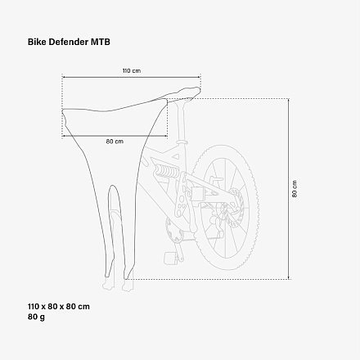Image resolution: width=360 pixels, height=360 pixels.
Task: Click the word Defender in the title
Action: (x=69, y=42)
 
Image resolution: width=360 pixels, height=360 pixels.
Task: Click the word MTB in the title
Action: (x=101, y=42)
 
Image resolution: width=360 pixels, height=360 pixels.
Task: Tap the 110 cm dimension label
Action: (x=132, y=71)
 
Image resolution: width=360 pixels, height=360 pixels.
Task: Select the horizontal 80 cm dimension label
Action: (x=115, y=142)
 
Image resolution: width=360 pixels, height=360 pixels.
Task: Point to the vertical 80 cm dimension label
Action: (x=295, y=189)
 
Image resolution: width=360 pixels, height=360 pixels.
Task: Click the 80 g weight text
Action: (x=36, y=317)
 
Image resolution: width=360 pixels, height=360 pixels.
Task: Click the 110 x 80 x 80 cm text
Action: (x=59, y=307)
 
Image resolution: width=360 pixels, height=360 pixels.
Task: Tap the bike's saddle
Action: (x=183, y=94)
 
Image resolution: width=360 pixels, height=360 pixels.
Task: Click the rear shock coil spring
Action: (x=166, y=171)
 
